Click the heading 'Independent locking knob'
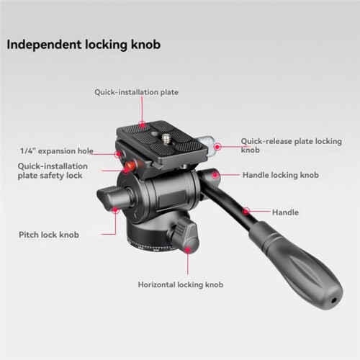click(84, 45)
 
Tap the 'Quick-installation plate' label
click(136, 92)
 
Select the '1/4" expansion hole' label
click(57, 151)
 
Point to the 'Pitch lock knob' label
click(49, 235)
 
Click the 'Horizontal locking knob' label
click(181, 284)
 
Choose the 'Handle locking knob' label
click(281, 175)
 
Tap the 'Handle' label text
click(285, 212)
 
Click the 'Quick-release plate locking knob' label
click(292, 145)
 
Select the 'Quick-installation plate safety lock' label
click(53, 171)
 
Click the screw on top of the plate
click(166, 140)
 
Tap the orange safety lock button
click(131, 165)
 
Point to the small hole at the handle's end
click(333, 300)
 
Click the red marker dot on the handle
click(246, 211)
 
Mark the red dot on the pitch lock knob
click(116, 210)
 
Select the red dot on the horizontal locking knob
click(187, 250)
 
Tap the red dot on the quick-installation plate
click(143, 125)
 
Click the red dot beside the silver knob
click(217, 147)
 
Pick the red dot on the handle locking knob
click(215, 175)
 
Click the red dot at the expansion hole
click(118, 154)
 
